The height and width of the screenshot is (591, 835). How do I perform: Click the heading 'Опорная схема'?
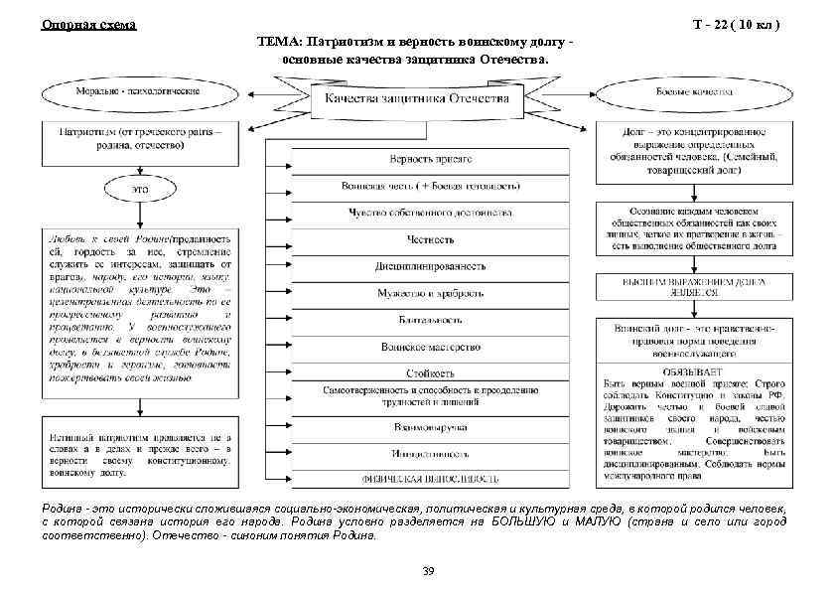tap(88, 25)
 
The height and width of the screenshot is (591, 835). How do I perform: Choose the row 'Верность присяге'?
tap(430, 158)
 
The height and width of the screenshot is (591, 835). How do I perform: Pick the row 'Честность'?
tap(430, 239)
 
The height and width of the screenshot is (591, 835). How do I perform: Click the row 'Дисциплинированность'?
tap(430, 266)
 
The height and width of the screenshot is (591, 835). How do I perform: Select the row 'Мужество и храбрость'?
tap(430, 293)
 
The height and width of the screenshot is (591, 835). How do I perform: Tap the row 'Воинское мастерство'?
tap(430, 347)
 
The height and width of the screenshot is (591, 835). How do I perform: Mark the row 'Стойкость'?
tap(430, 373)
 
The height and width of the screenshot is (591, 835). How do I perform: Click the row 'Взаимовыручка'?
tap(430, 427)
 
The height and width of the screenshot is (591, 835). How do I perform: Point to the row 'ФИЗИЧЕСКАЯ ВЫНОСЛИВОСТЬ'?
tap(430, 479)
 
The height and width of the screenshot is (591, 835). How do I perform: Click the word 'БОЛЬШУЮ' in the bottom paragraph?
tap(522, 521)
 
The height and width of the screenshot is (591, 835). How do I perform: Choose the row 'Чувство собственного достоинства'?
tap(430, 213)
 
